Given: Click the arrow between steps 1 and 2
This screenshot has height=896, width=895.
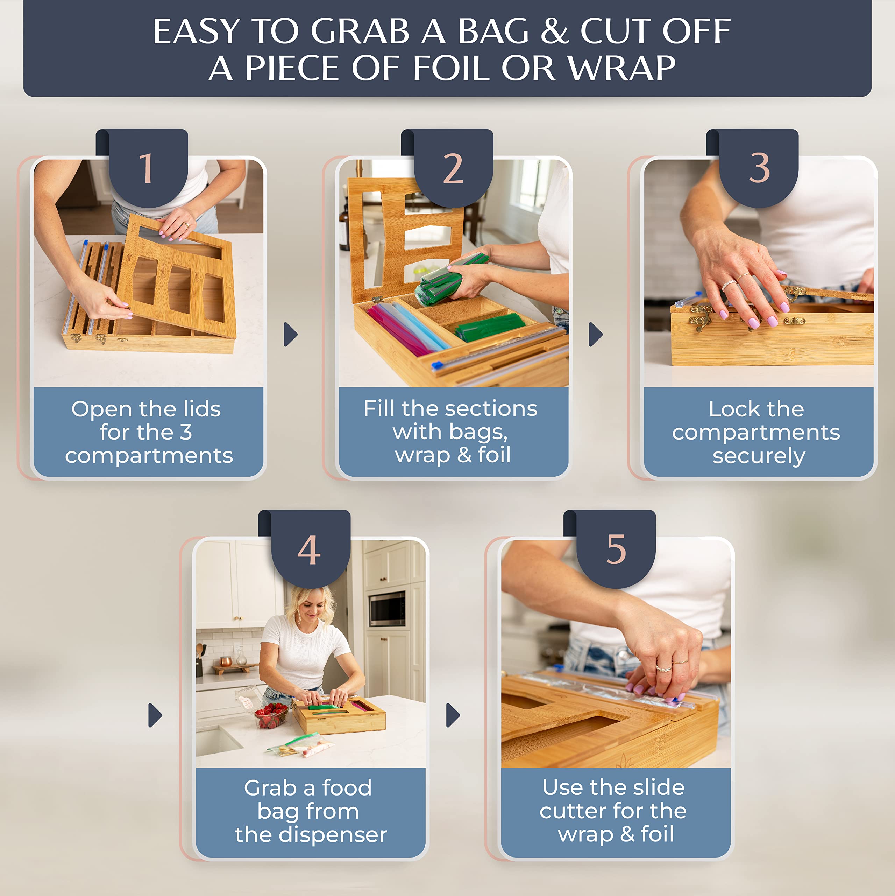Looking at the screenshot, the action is coord(291,334).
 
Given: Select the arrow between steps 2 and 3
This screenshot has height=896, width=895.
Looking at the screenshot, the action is coord(596,334).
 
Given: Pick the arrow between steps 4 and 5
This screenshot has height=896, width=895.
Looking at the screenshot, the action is coord(453,715).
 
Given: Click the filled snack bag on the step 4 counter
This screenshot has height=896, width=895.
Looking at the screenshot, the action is coord(300,745).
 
